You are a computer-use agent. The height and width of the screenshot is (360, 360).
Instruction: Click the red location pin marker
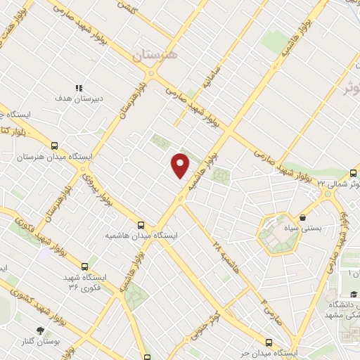[181, 165]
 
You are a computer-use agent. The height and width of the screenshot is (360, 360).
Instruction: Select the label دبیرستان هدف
[79, 98]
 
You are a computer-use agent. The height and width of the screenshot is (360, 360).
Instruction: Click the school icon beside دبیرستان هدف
[79, 88]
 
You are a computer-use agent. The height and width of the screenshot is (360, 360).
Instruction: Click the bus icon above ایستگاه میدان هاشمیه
[141, 225]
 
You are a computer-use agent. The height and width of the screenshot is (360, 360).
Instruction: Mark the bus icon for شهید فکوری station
[85, 266]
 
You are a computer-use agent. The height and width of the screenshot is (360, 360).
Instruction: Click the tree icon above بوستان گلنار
[41, 329]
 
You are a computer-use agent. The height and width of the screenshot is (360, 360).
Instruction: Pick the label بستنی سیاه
[304, 229]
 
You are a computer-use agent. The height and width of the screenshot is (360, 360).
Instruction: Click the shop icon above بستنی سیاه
[303, 217]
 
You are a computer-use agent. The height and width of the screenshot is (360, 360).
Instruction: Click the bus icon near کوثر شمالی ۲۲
[353, 172]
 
